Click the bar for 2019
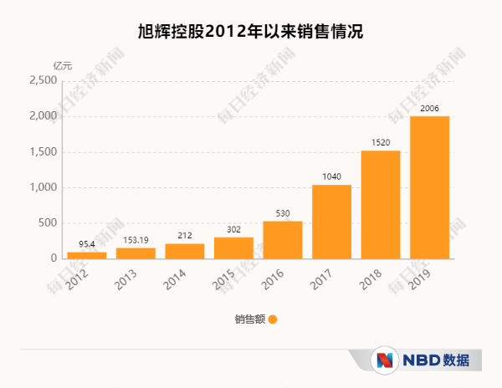(429, 187)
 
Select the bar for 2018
(381, 205)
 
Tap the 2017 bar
(331, 222)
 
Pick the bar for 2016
(283, 240)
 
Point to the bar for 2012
(87, 255)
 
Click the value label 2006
(429, 109)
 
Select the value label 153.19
(136, 240)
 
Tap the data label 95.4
(87, 244)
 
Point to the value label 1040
(331, 177)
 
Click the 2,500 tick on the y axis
(43, 81)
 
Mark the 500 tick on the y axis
(47, 223)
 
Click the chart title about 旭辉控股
(250, 32)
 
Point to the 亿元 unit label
(63, 65)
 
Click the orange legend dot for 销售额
(272, 319)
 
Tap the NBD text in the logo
(420, 360)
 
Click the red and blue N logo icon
(386, 360)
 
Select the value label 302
(233, 229)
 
